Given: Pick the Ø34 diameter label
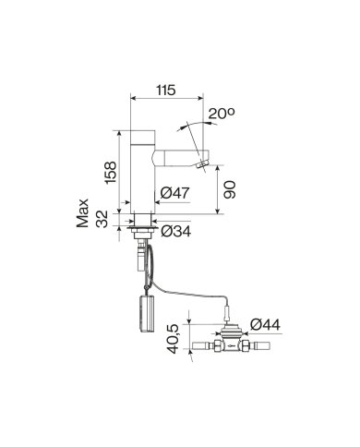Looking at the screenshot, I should coord(175,229).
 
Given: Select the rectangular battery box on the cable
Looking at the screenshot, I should coord(143,310).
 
